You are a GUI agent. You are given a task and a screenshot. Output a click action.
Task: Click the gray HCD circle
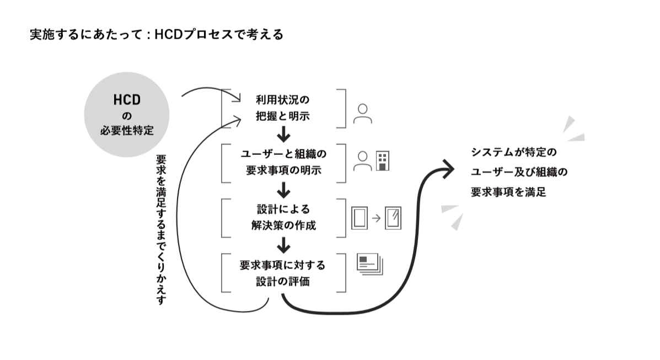[126, 115]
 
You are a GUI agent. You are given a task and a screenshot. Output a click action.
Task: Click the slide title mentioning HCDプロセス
[157, 35]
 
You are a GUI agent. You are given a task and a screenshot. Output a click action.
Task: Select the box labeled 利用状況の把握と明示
[283, 109]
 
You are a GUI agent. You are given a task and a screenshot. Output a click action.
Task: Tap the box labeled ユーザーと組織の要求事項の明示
[283, 163]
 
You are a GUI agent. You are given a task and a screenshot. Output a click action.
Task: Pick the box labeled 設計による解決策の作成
[283, 218]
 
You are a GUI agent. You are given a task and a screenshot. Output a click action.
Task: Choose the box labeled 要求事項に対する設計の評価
[283, 273]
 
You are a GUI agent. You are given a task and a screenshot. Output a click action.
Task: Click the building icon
[382, 161]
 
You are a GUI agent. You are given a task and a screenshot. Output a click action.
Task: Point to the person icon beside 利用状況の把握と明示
[362, 113]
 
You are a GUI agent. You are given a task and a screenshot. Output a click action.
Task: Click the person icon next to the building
[362, 161]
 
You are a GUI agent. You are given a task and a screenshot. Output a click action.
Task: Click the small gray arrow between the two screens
[376, 218]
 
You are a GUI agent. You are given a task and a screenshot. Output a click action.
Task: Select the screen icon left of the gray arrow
[359, 218]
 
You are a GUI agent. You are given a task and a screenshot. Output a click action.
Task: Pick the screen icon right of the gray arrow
[393, 218]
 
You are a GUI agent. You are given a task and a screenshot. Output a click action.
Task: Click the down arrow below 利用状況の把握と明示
[283, 134]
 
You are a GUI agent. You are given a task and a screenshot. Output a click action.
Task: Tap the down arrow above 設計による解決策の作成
[283, 190]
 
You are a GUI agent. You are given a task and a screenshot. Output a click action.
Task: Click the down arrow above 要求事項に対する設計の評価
[283, 244]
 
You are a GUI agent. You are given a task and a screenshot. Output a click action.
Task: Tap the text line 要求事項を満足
[508, 192]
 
